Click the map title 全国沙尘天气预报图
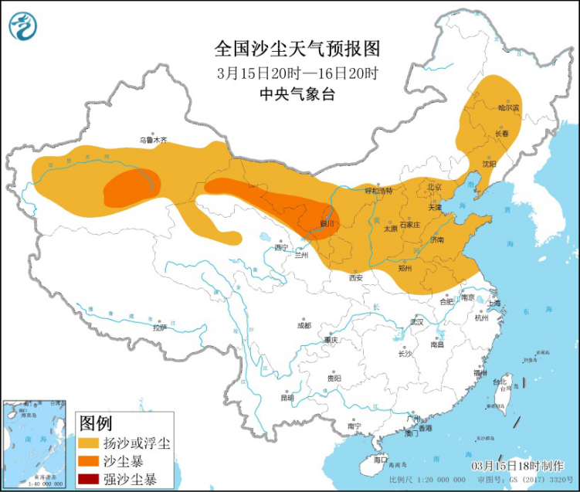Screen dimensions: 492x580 point(298,50)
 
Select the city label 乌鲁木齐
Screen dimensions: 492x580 point(153,140)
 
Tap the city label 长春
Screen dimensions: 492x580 point(502,134)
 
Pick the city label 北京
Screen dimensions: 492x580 point(434,187)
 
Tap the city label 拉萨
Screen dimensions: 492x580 point(159,327)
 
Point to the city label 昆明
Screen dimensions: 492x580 point(287,398)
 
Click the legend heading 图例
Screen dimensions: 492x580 point(97,423)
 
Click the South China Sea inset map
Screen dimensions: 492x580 point(35,444)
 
